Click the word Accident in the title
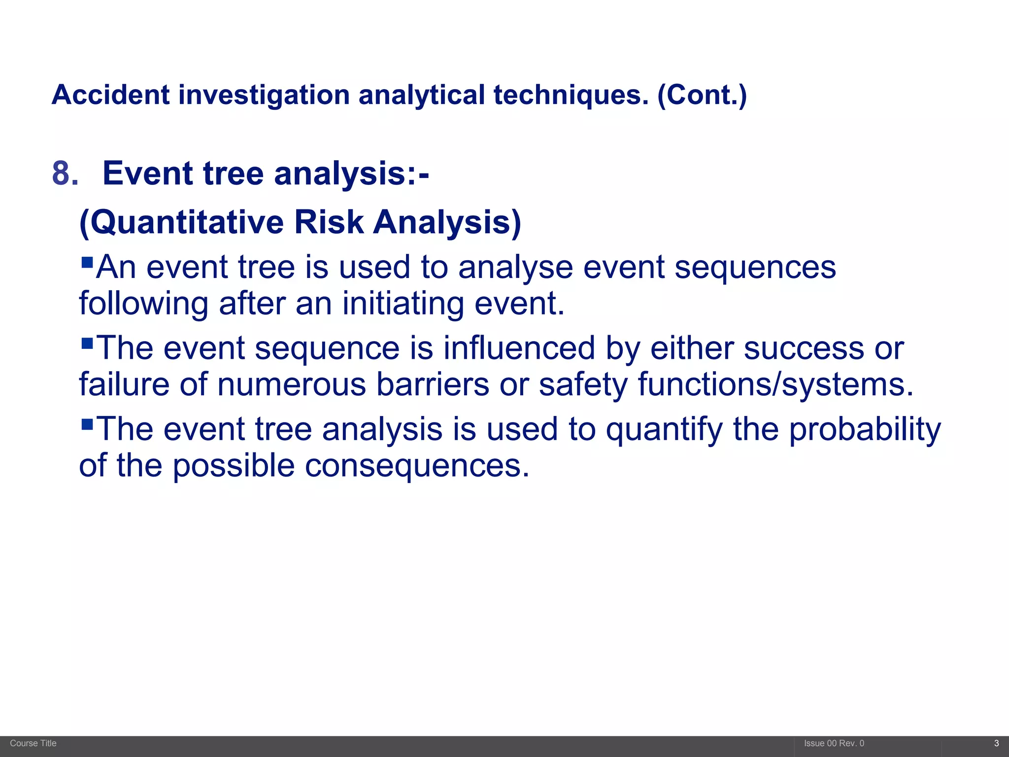coord(111,95)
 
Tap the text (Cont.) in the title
coord(702,95)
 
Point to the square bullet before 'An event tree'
coord(87,261)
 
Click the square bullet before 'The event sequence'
coord(87,342)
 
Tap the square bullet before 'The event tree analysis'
coord(87,423)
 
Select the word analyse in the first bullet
coord(515,268)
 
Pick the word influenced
coord(519,348)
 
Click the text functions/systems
coord(775,384)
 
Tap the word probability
coord(865,430)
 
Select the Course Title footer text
coord(33,743)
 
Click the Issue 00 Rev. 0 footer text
coord(834,743)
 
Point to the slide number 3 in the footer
coord(996,743)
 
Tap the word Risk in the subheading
coord(329,223)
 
